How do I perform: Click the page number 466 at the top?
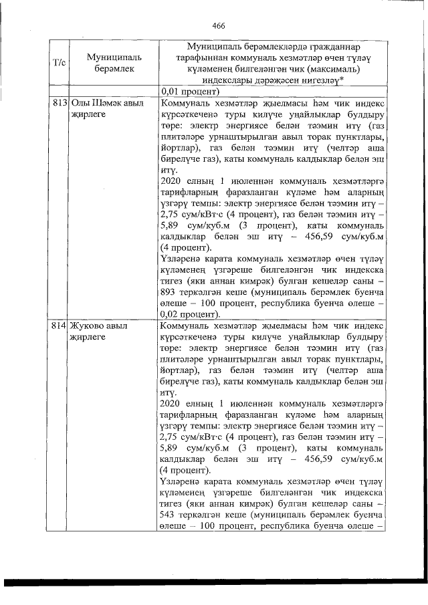[218, 26]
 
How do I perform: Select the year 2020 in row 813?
[173, 179]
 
